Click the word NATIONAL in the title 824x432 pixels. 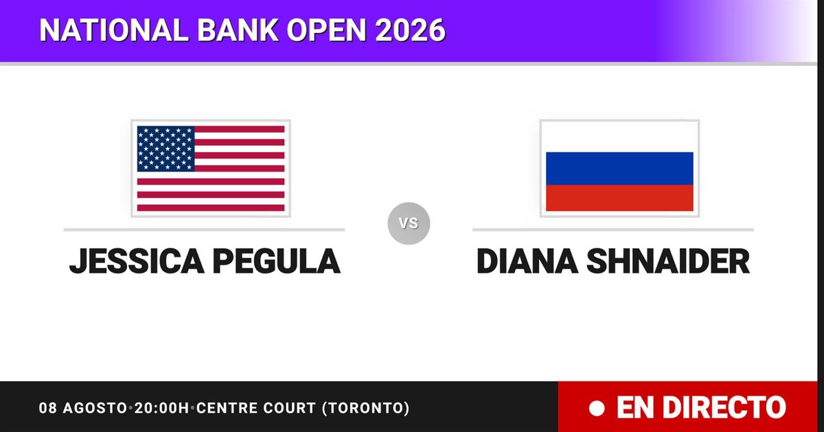coord(114,30)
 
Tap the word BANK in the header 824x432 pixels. coord(238,30)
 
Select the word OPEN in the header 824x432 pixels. coord(327,30)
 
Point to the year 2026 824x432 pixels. coord(410,30)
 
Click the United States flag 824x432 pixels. coord(211,168)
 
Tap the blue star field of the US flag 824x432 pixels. coord(165,148)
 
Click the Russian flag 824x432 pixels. coord(619,168)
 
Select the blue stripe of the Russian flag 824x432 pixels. coord(619,168)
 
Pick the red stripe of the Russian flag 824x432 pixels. coord(619,198)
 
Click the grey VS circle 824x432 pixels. coord(409,223)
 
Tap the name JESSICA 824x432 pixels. coord(137,261)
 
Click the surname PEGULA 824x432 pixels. coord(277,261)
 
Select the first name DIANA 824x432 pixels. coord(527,261)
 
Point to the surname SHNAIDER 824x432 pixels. coord(668,261)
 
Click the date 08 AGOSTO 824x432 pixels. coord(83,408)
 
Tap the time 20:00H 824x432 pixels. coord(161,408)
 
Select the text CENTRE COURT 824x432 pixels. coord(256,408)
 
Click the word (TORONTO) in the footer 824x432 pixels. coord(365,408)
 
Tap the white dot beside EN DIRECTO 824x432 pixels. coord(597,409)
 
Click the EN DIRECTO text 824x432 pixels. coord(701,408)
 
